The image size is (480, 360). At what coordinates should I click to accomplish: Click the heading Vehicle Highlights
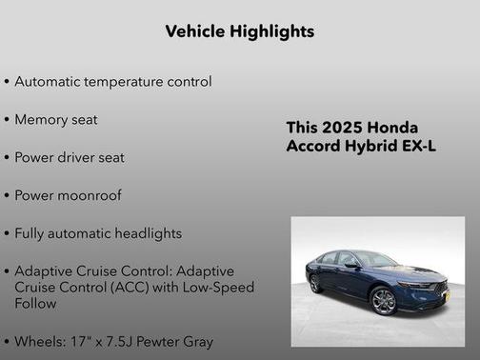[x=239, y=31]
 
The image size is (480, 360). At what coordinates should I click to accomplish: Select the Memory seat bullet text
[x=56, y=120]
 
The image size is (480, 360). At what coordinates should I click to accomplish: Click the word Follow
[x=35, y=303]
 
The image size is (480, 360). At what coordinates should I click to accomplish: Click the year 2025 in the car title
[x=343, y=128]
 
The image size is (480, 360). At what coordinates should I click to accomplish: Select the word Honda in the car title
[x=394, y=128]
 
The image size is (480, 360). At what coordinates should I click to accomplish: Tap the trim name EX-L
[x=417, y=146]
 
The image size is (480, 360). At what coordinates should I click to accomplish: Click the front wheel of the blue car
[x=383, y=302]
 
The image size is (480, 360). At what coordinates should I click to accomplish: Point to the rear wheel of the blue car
[x=315, y=284]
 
